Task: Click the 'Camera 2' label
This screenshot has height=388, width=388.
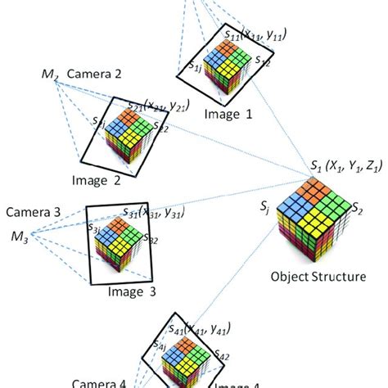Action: click(x=94, y=74)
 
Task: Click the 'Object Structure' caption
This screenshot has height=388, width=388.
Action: click(x=318, y=277)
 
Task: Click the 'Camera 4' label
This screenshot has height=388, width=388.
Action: click(x=99, y=381)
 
